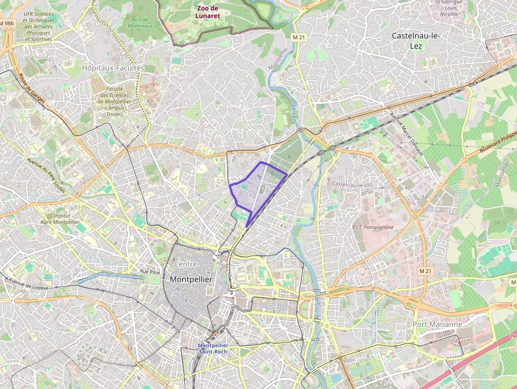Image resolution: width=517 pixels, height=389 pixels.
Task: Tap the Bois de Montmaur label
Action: [139, 23]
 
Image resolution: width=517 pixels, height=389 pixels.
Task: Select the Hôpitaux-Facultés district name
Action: [113, 68]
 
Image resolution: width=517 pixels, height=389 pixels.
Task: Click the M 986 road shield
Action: [7, 24]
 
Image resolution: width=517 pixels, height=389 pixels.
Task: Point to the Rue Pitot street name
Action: [150, 271]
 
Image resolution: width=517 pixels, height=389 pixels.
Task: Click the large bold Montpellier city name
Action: [190, 279]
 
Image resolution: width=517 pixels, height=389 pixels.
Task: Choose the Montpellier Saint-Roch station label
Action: [213, 348]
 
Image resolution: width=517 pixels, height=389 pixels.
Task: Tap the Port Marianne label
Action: [437, 324]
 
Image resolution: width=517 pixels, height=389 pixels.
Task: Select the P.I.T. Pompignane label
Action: [373, 227]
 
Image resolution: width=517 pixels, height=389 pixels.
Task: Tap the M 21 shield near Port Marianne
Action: [425, 271]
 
